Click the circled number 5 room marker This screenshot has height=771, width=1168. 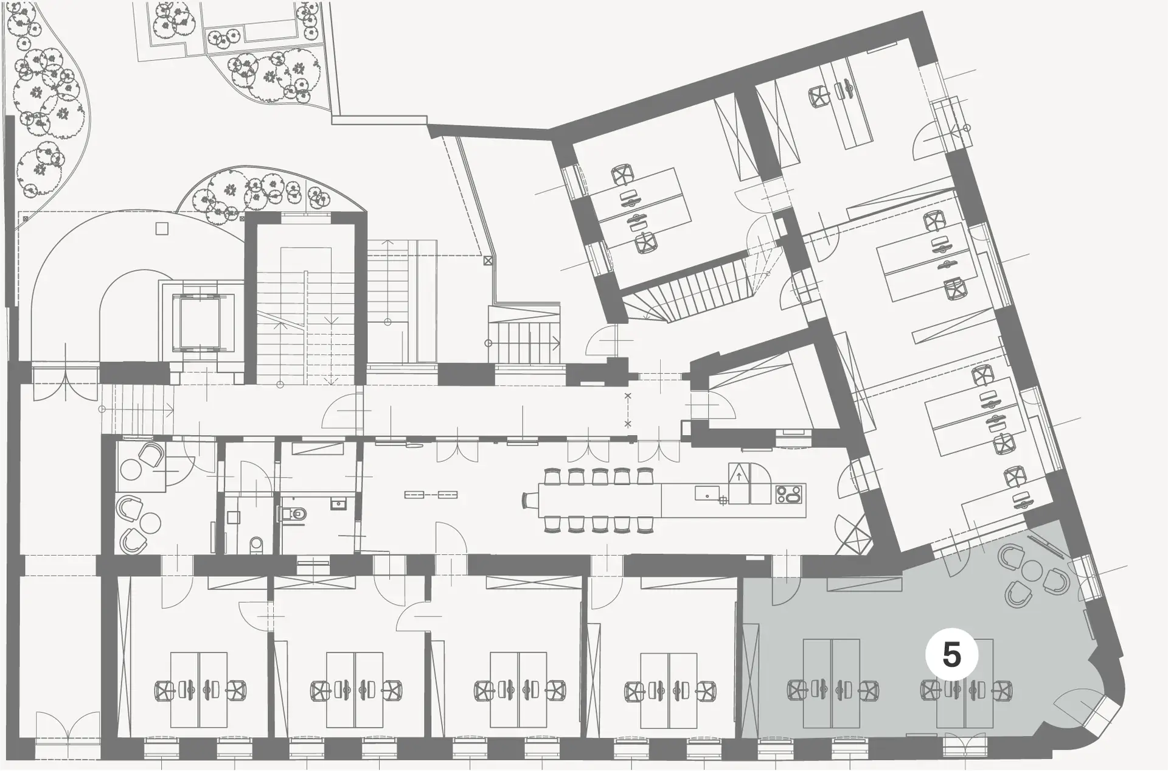point(951,655)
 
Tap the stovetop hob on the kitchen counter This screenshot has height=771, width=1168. point(790,494)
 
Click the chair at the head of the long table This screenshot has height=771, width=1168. point(529,500)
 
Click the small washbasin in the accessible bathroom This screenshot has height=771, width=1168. point(339,503)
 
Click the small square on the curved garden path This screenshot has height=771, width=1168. point(161,228)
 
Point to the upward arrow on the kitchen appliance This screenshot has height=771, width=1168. point(739,475)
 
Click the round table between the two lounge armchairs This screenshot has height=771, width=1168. point(150,522)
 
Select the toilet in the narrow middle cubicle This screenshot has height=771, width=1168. point(256,542)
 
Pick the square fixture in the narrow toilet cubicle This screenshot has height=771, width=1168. point(234,518)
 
